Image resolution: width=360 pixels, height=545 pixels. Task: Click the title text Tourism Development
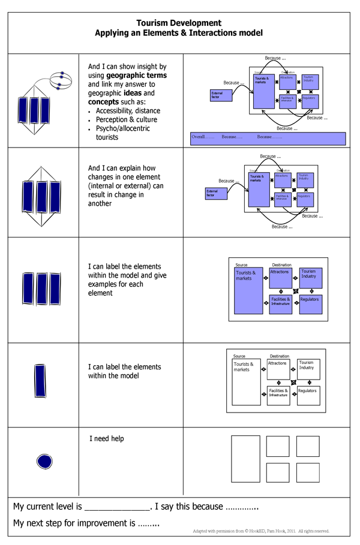tap(179, 23)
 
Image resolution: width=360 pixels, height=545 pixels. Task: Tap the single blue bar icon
tap(40, 380)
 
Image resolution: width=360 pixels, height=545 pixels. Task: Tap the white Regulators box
tap(308, 395)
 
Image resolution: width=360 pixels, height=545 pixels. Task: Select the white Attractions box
tap(278, 369)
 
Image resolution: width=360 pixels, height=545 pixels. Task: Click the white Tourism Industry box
tap(308, 369)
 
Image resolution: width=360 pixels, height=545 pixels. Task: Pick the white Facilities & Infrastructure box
tap(278, 395)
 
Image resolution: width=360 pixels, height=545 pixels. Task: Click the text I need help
tap(107, 439)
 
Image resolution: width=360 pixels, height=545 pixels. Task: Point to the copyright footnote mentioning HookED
tap(261, 531)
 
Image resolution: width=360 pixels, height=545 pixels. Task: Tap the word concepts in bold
tap(103, 102)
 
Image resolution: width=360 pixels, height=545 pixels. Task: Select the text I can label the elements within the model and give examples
tap(127, 280)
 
